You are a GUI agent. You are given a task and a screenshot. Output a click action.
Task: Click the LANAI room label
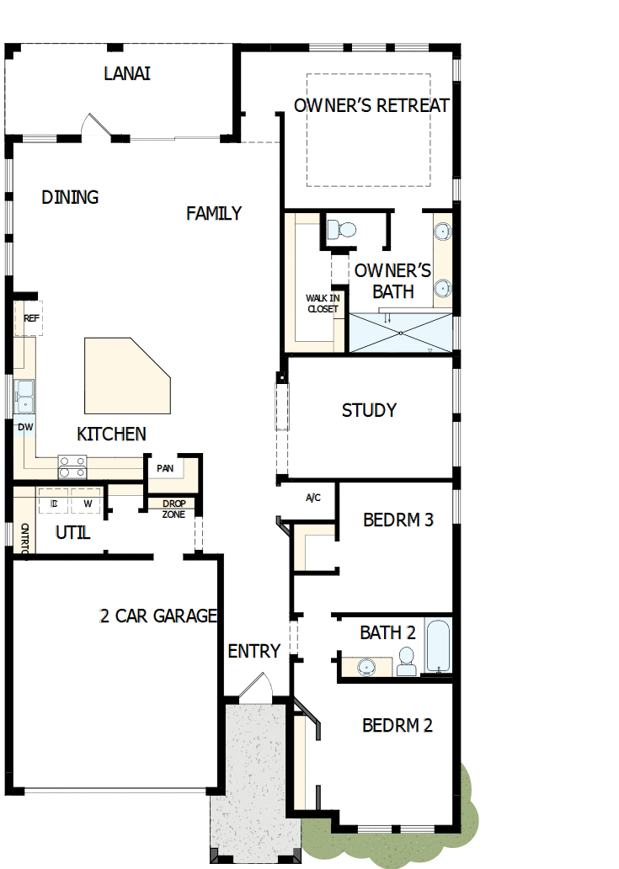(127, 73)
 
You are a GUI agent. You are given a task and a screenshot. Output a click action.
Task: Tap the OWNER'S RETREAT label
(371, 105)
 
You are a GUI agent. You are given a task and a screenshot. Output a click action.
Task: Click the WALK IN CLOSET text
(322, 303)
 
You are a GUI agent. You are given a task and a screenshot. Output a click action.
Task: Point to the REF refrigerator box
(31, 318)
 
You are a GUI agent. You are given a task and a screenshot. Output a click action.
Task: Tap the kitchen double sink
(24, 395)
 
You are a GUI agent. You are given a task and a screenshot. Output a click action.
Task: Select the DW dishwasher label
(25, 427)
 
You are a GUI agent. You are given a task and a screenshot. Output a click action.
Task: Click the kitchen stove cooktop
(72, 461)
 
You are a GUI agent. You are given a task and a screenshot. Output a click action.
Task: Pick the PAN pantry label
(165, 468)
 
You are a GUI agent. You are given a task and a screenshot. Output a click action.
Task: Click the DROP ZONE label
(173, 509)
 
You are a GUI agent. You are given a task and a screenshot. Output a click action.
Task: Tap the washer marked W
(87, 504)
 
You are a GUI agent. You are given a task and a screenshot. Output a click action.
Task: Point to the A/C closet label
(312, 498)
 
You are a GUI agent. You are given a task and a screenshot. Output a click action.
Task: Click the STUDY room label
(369, 410)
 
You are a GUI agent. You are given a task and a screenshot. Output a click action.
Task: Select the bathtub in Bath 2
(438, 647)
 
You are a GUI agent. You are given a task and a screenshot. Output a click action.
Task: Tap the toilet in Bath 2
(407, 661)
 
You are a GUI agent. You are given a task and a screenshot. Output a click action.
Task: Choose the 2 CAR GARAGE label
(158, 616)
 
